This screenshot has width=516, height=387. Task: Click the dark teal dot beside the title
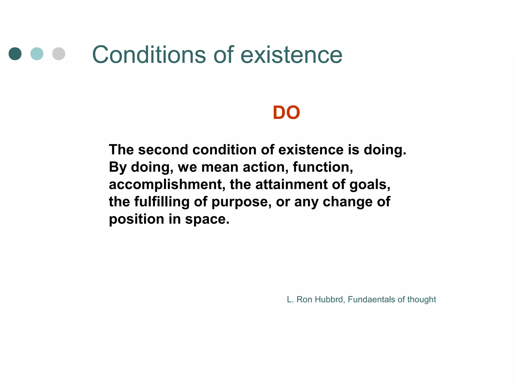15,54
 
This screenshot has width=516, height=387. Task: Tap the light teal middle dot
37,54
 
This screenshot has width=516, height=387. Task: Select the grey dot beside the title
59,54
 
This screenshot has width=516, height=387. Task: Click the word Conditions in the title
149,55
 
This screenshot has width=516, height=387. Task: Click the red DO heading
286,113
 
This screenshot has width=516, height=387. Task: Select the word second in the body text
163,150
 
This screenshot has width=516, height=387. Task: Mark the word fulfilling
162,202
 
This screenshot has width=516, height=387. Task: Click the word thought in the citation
422,299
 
